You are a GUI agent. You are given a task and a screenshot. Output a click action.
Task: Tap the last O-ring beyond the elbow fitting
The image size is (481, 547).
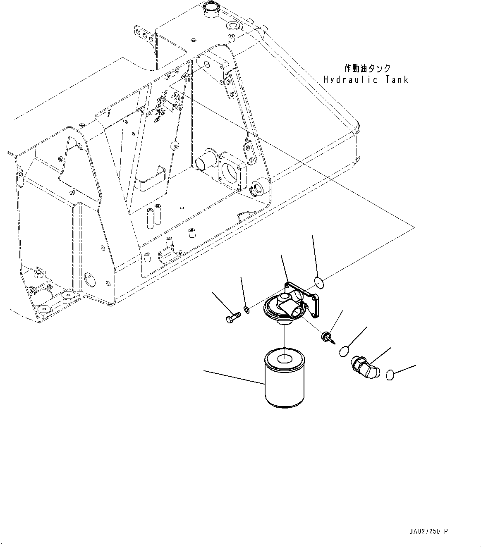coord(390,375)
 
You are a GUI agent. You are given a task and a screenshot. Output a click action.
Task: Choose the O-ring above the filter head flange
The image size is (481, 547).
coord(318,283)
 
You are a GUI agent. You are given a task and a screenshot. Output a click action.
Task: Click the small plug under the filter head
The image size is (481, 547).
coord(326,336)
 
